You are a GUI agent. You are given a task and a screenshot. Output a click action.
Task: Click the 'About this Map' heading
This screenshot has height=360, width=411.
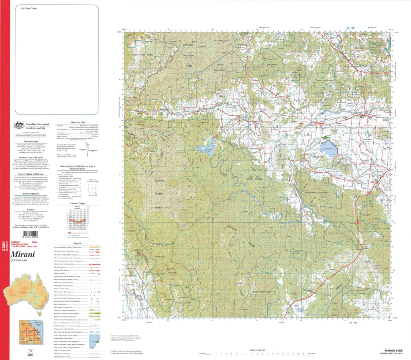77,122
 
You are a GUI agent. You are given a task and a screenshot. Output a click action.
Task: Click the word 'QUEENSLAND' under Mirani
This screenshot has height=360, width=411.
19,261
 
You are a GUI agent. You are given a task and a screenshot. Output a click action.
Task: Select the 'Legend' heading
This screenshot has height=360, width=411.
77,243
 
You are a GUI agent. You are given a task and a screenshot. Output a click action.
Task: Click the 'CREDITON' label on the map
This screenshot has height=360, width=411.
159,182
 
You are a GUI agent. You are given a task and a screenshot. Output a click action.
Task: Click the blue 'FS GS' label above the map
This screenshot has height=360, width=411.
350,28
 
